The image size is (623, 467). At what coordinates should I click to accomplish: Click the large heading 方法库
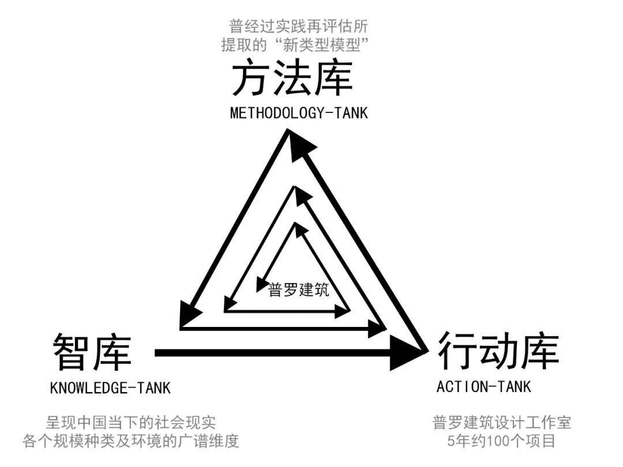(292, 80)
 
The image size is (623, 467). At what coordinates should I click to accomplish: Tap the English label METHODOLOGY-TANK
(298, 112)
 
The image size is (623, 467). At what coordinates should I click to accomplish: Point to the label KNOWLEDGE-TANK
(110, 388)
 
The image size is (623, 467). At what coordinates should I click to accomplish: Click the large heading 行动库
(498, 350)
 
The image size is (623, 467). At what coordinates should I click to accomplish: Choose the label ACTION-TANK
(483, 386)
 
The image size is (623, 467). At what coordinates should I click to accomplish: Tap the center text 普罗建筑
(299, 290)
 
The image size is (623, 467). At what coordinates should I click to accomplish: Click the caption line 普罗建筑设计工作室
(501, 423)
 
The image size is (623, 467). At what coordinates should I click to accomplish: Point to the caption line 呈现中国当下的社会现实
(131, 423)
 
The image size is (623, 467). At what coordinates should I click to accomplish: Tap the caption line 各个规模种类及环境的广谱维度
(131, 442)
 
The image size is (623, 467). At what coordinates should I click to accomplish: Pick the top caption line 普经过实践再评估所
(298, 26)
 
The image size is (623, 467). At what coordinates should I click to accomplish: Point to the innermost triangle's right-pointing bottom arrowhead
(343, 311)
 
